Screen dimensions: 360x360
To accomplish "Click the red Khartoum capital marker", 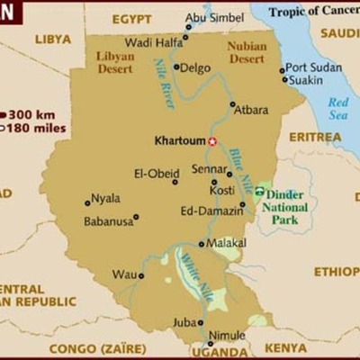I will (213, 141).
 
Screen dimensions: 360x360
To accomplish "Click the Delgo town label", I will (197, 67).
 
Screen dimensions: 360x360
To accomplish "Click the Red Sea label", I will (337, 108).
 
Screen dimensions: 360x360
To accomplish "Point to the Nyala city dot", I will (87, 202).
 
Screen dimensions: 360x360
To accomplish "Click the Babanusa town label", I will (108, 220).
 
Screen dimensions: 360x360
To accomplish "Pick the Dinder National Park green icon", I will (259, 191).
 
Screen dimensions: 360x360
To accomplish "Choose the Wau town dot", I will (141, 275).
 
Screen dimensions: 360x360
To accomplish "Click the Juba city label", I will (184, 320).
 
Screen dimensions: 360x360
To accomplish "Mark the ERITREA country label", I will (315, 137).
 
